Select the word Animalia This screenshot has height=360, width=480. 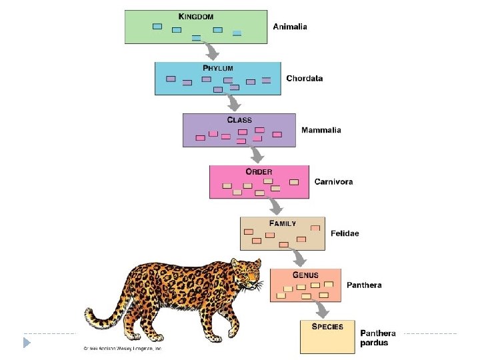290,27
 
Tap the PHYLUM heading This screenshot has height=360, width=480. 218,68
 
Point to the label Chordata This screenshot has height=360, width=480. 304,79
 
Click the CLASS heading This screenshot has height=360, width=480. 239,120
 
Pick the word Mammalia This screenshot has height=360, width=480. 321,130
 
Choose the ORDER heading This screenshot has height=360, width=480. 259,171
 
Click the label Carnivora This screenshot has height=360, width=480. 333,181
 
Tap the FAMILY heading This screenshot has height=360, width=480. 283,223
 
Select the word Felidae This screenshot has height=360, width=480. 345,233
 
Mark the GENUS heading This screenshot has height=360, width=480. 305,275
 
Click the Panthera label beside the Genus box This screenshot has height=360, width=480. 364,285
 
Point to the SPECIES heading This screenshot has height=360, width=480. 327,327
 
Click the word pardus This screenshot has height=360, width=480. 374,343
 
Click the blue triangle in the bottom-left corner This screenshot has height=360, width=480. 27,343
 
